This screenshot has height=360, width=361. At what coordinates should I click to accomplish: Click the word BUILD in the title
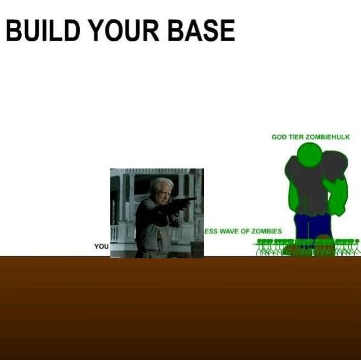pyautogui.click(x=43, y=30)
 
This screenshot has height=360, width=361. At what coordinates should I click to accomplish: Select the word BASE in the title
pyautogui.click(x=202, y=30)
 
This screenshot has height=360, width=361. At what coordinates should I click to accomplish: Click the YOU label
pyautogui.click(x=101, y=246)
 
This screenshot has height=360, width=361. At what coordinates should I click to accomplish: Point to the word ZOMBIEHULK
pyautogui.click(x=328, y=137)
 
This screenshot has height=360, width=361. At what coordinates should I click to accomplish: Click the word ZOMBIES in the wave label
pyautogui.click(x=267, y=231)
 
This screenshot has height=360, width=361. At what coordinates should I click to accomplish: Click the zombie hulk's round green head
pyautogui.click(x=310, y=155)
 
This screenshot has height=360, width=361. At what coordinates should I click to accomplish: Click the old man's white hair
pyautogui.click(x=162, y=184)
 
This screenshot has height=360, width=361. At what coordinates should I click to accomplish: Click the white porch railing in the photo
pyautogui.click(x=115, y=233)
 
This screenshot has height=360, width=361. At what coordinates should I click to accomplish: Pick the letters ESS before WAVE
pyautogui.click(x=211, y=231)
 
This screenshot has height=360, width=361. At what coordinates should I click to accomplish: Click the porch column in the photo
pyautogui.click(x=131, y=198)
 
